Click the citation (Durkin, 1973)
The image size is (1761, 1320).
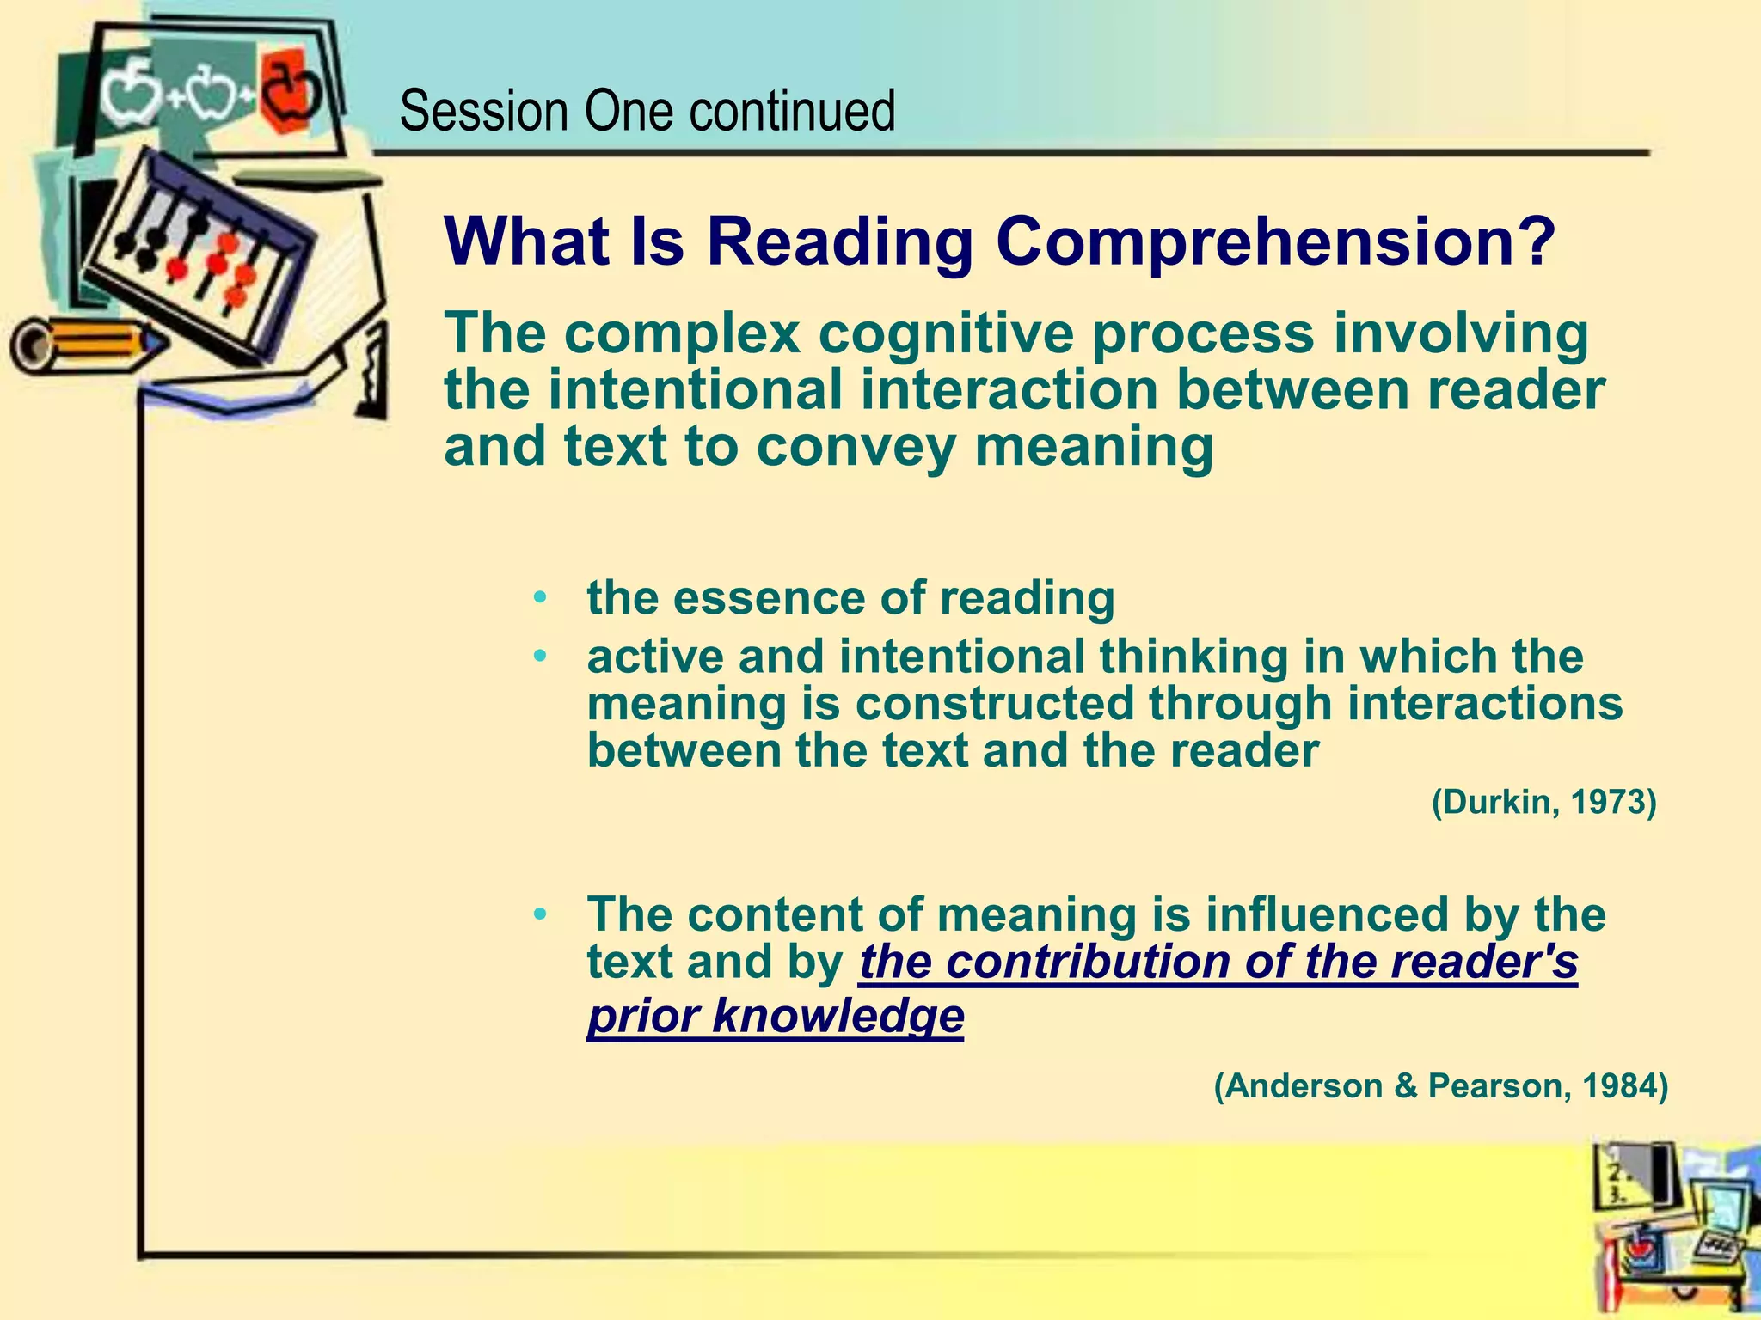click(x=1543, y=802)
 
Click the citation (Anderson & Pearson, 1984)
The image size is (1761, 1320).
click(x=1440, y=1086)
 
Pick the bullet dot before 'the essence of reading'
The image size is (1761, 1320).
click(x=539, y=597)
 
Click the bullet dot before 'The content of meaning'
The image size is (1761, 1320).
click(x=539, y=914)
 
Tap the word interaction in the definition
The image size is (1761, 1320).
click(x=1010, y=390)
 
